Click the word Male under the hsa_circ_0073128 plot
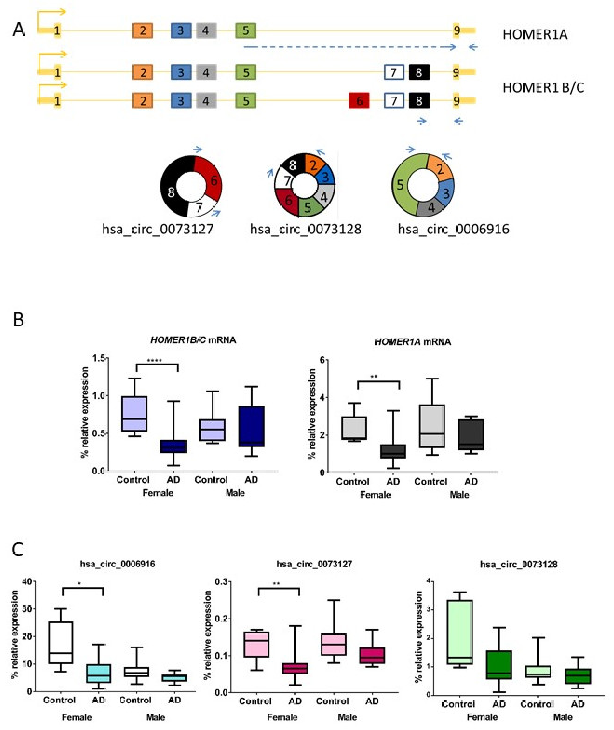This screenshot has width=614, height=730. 563,717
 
